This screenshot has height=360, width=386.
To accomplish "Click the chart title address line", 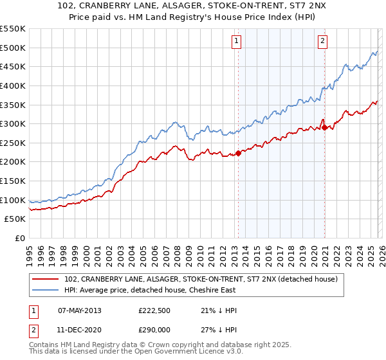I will [192, 6].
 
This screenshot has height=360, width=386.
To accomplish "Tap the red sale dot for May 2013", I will [238, 153].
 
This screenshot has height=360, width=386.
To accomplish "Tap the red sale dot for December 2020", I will [325, 127].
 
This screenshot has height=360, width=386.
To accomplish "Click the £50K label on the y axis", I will [15, 219].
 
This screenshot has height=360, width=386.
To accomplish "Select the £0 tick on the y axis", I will [21, 238].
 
